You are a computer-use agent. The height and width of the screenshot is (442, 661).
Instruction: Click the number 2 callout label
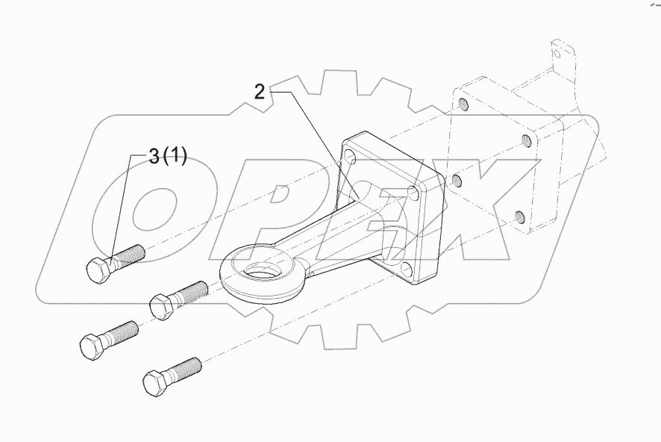click(x=260, y=92)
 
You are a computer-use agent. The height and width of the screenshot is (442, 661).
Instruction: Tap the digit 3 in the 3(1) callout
click(x=154, y=156)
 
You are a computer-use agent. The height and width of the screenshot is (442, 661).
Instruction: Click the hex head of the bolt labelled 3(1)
click(x=97, y=270)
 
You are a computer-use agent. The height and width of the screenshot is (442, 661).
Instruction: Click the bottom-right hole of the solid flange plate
click(x=405, y=268)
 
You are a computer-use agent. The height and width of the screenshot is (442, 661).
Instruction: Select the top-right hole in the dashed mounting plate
click(x=527, y=140)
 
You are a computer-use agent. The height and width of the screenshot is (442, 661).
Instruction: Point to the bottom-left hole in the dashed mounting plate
click(x=457, y=181)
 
